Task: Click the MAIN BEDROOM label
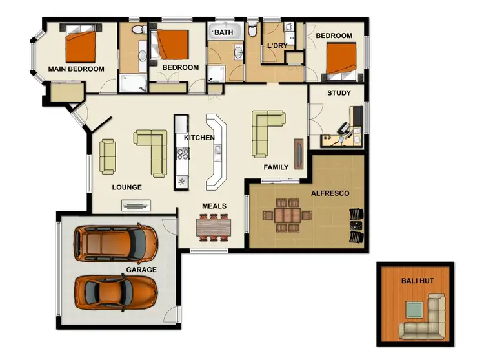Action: tap(76, 69)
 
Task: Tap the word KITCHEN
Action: tap(199, 138)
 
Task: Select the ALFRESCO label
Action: tap(330, 193)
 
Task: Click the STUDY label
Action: tap(339, 93)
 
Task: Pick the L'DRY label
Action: tap(277, 46)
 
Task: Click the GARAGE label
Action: tap(141, 270)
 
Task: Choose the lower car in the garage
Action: tap(116, 291)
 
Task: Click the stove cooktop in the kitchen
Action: tap(182, 154)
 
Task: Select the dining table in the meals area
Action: tap(213, 226)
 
